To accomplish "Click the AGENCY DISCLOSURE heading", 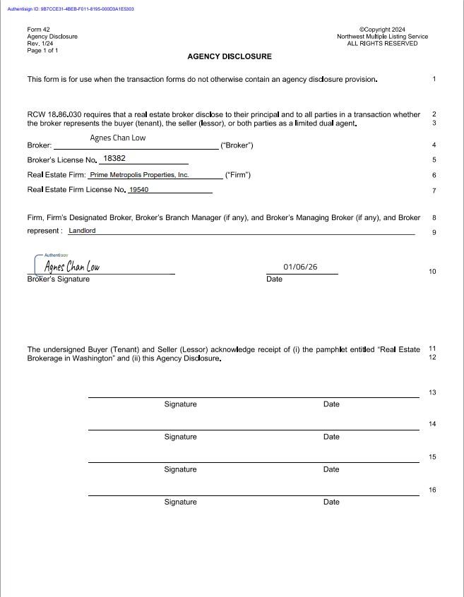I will [230, 56].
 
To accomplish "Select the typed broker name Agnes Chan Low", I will [118, 138].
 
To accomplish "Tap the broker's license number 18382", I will [114, 159].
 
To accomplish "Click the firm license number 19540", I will [138, 190].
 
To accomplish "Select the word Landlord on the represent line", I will [82, 231].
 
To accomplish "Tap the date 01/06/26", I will [300, 267].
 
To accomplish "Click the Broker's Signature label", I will [58, 279].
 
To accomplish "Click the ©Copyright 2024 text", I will [382, 30].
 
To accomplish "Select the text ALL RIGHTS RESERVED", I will [382, 44].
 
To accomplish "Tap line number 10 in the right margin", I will [432, 272].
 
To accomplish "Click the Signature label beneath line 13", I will [180, 404].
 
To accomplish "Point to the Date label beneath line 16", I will [331, 502].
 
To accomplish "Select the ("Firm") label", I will [237, 174].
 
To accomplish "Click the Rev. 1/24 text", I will [40, 44].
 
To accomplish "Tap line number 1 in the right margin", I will [434, 78].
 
